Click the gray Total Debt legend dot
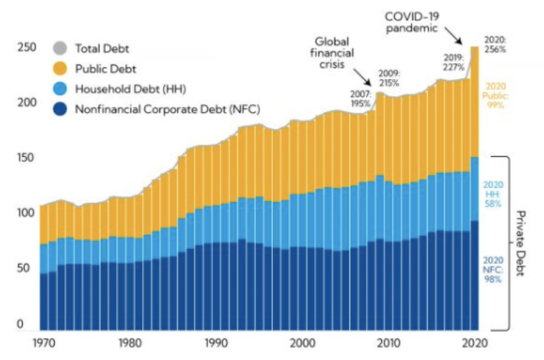pyautogui.click(x=59, y=49)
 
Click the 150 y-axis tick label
pyautogui.click(x=26, y=158)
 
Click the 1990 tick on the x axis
pyautogui.click(x=216, y=342)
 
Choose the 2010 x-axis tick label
pyautogui.click(x=389, y=342)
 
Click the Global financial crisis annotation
pyautogui.click(x=331, y=52)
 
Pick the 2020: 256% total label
pyautogui.click(x=494, y=44)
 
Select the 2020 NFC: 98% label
pyautogui.click(x=494, y=269)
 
